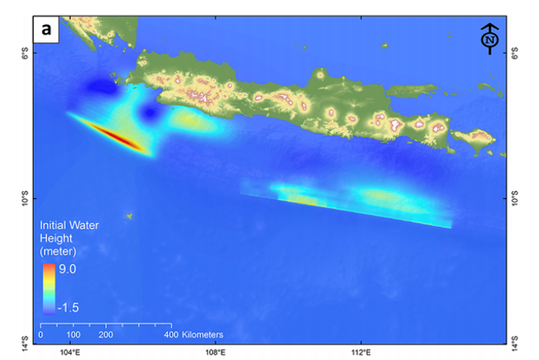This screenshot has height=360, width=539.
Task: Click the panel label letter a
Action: point(45,29)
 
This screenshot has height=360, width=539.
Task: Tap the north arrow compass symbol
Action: point(491,39)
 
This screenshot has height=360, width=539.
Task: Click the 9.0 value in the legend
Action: point(67,269)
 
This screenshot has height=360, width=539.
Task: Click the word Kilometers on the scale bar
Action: point(203,334)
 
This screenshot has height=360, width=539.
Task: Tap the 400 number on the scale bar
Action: point(170,334)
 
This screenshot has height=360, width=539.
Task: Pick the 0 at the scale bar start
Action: point(42,334)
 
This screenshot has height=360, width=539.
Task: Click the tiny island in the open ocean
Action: point(128,216)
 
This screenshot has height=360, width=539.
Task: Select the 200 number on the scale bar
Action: point(106,334)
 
